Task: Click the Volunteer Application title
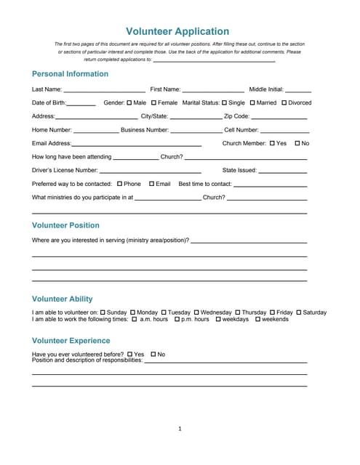click(177, 31)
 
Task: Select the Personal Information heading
click(70, 74)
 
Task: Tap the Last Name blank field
click(105, 89)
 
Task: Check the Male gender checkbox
click(129, 103)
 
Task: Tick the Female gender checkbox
click(154, 103)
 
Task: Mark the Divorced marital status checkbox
click(284, 103)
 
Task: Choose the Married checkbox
click(252, 103)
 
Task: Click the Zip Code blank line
click(279, 116)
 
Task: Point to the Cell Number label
click(241, 130)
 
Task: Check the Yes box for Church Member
click(272, 143)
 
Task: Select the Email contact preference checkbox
click(152, 184)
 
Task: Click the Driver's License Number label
click(65, 170)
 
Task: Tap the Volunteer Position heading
click(66, 225)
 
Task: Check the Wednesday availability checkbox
click(196, 312)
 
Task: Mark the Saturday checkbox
click(298, 312)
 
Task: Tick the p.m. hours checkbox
click(175, 319)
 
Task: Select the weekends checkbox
click(257, 319)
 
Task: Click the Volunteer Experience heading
click(71, 340)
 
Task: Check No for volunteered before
click(153, 354)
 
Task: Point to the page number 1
click(180, 429)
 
